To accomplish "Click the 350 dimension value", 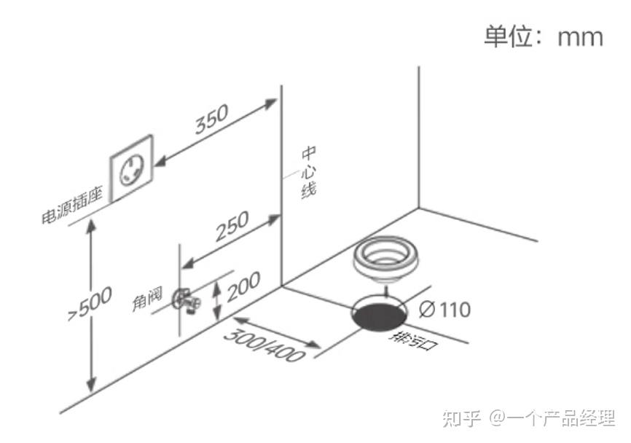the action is tap(212, 119).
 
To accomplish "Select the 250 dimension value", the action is tap(232, 226).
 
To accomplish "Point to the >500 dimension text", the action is tap(90, 304).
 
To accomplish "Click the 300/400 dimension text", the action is tap(264, 345).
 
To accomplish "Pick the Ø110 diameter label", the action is tap(444, 310).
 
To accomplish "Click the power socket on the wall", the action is tap(132, 168).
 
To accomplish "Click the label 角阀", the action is tap(148, 298).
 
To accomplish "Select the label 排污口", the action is tap(412, 341).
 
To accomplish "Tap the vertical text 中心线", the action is tap(309, 172).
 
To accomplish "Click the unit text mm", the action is tap(580, 37).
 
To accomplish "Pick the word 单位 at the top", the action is tap(509, 36).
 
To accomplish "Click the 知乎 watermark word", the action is tap(461, 418).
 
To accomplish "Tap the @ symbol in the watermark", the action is tap(497, 418).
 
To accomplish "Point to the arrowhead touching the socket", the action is tap(160, 162).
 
